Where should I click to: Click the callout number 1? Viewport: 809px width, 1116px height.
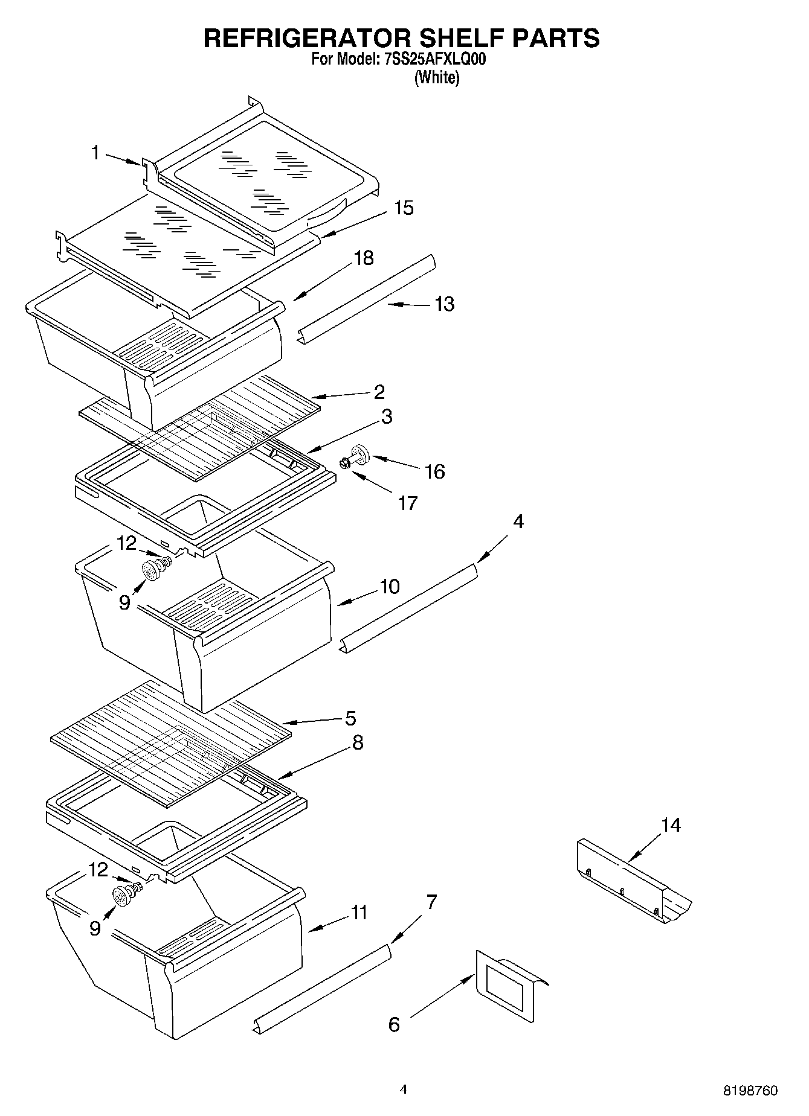point(95,153)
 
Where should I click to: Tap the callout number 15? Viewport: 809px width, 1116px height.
point(404,208)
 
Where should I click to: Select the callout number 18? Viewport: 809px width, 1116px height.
point(364,258)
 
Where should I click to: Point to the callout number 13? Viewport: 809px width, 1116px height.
point(445,304)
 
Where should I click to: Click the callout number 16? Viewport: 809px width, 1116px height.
point(435,471)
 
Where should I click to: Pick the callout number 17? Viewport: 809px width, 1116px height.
point(408,503)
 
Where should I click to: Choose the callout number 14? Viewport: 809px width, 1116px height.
point(671,825)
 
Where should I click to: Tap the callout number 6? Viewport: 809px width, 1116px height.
point(394,1024)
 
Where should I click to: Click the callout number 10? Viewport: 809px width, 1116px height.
point(390,586)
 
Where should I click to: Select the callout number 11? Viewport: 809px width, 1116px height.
point(359,912)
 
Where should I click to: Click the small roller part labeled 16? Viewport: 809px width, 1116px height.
point(360,454)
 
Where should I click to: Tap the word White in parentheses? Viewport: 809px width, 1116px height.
point(436,78)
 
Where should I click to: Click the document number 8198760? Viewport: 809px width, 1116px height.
point(750,1091)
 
